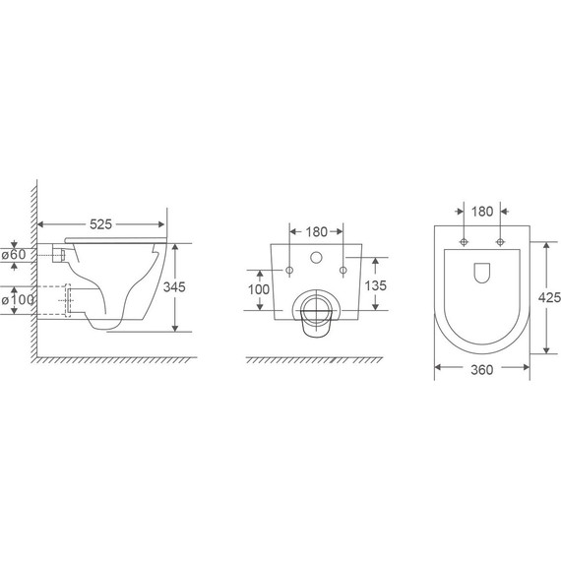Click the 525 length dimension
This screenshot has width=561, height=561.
point(100,224)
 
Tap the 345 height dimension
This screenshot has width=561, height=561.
point(174,287)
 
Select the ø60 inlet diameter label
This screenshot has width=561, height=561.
point(14,255)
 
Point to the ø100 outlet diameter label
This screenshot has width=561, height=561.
point(18,299)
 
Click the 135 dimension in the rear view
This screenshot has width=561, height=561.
point(376,285)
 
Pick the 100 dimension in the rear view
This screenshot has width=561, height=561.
point(259,289)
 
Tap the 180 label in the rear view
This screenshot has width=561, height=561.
point(316,232)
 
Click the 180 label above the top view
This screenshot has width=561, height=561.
point(482,212)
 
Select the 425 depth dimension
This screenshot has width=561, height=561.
point(549,297)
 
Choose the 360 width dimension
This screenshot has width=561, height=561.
point(481,370)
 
